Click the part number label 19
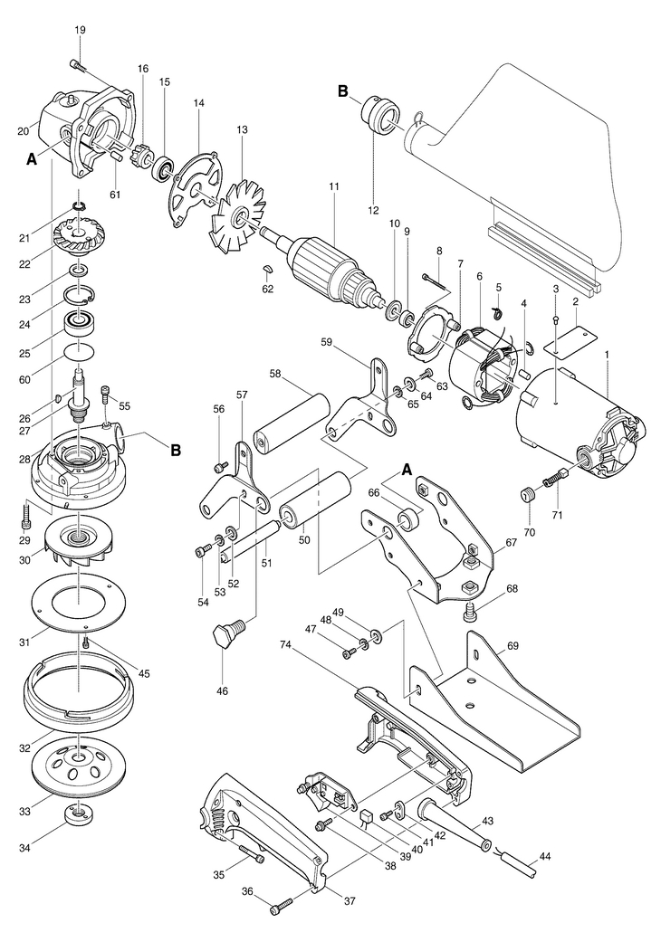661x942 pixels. click(x=81, y=30)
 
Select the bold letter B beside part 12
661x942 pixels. click(x=343, y=91)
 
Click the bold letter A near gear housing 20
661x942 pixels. click(x=32, y=159)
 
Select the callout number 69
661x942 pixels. click(x=512, y=646)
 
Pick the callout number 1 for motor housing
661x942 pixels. click(x=607, y=355)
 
